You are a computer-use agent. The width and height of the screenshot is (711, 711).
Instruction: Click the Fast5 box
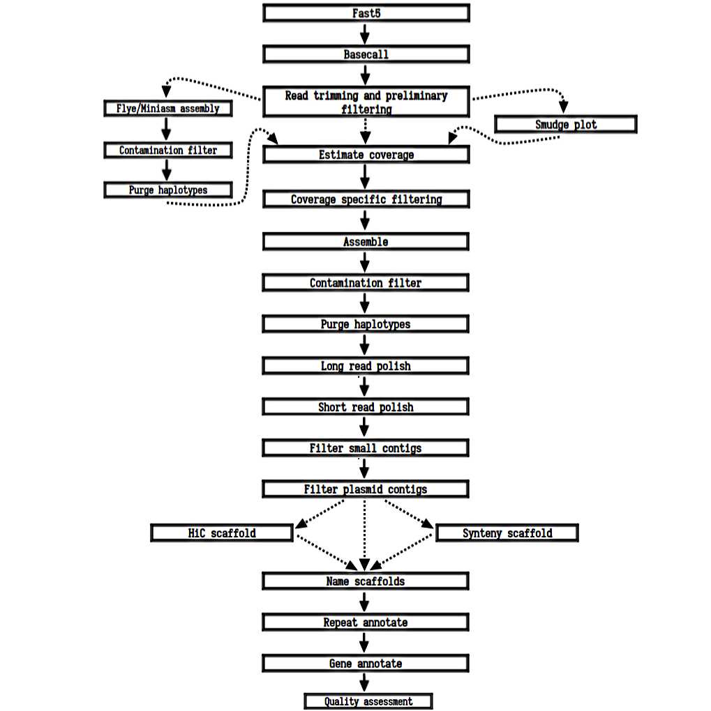[366, 13]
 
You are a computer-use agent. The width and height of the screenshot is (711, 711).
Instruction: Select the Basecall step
[366, 54]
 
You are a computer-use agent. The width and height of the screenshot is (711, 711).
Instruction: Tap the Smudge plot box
[566, 125]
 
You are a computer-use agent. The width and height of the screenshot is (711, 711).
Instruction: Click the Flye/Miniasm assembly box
[167, 109]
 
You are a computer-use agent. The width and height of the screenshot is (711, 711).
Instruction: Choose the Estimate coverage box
[366, 155]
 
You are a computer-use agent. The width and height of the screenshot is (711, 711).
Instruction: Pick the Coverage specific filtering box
[366, 199]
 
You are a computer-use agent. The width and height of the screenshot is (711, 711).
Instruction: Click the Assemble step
[366, 242]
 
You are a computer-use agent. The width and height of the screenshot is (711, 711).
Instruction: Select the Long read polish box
[366, 366]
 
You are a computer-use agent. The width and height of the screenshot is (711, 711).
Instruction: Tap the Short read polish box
[366, 407]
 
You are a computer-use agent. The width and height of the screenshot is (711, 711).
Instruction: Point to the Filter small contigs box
[366, 448]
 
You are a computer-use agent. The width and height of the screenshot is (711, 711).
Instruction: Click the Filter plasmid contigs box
[366, 489]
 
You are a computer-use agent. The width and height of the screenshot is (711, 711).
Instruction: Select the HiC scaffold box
[222, 533]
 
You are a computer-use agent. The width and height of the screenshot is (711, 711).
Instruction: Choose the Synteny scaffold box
[507, 533]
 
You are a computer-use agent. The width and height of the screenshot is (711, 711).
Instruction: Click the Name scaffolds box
[366, 581]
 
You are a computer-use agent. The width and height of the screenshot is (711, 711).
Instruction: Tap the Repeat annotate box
[366, 622]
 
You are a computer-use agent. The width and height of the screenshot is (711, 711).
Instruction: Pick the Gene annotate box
[366, 664]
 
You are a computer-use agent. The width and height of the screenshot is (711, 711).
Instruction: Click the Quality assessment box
[368, 701]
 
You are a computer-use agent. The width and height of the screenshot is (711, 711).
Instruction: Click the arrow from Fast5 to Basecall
[364, 33]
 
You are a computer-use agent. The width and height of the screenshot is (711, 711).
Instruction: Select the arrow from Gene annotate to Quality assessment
[364, 682]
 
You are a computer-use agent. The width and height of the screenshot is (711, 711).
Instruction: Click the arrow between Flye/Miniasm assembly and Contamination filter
[166, 129]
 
